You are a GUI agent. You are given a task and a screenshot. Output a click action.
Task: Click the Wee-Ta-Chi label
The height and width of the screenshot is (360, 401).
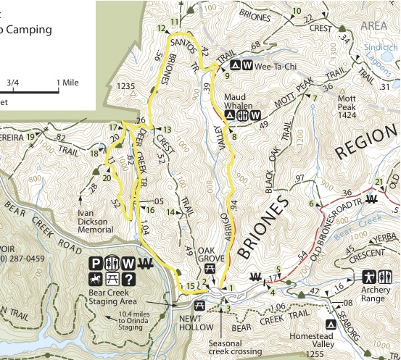(x=273, y=65)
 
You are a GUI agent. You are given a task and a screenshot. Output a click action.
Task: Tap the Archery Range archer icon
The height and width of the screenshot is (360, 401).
(x=366, y=277)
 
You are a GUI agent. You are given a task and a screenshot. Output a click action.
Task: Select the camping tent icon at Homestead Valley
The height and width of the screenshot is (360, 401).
(x=330, y=324)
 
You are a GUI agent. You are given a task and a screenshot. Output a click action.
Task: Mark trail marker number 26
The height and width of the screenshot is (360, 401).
(x=141, y=120)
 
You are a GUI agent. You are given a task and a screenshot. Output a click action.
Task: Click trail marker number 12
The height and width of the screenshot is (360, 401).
(x=160, y=28)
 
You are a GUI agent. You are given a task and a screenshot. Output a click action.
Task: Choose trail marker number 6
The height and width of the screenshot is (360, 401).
(x=312, y=204)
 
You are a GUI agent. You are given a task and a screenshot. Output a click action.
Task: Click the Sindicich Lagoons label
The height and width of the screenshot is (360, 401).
(x=380, y=52)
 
